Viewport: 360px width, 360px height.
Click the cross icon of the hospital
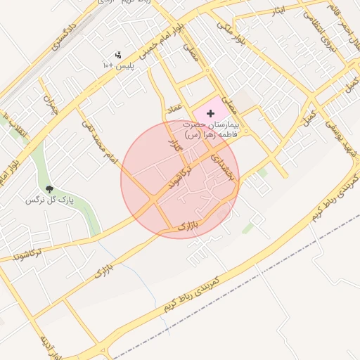[x=210, y=113]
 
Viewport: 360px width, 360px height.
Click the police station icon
[x=118, y=54]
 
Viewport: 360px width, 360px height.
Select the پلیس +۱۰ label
[x=118, y=65]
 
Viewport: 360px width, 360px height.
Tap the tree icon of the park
[x=49, y=189]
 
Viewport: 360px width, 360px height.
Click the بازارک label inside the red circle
[x=186, y=227]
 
